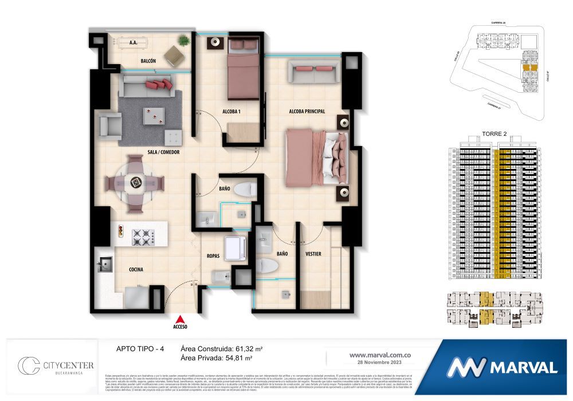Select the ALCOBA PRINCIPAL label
click(x=307, y=111)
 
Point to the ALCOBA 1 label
click(x=231, y=111)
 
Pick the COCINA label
click(x=136, y=269)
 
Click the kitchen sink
click(x=105, y=264)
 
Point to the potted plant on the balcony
click(x=183, y=40)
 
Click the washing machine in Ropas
click(x=236, y=247)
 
